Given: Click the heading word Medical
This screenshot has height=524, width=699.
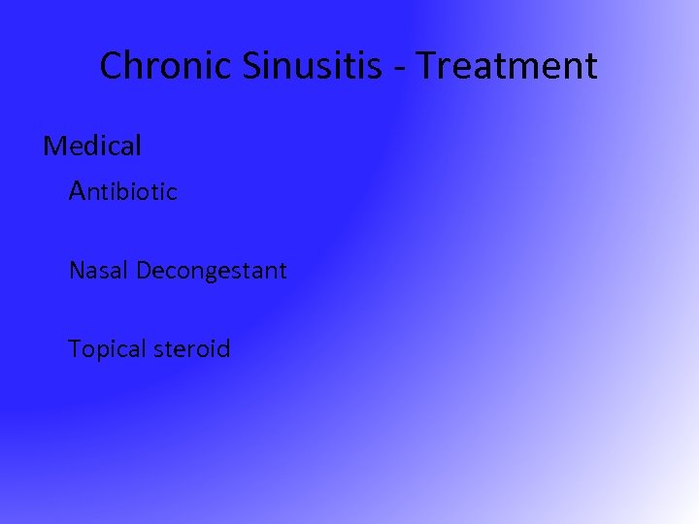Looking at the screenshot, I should coord(92,146).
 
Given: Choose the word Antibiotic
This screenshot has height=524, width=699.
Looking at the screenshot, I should coord(123,191).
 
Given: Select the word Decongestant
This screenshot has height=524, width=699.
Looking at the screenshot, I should coord(212,271).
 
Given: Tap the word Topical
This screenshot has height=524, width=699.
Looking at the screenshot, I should coord(105,348).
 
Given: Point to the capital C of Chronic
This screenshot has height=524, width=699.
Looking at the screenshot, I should coord(111,66).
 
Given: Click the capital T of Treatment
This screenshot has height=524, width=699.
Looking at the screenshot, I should coord(432,66).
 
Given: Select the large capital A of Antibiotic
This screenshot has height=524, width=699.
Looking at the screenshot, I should coord(79,190).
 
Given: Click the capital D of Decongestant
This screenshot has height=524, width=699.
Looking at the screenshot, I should coord(143,270).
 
